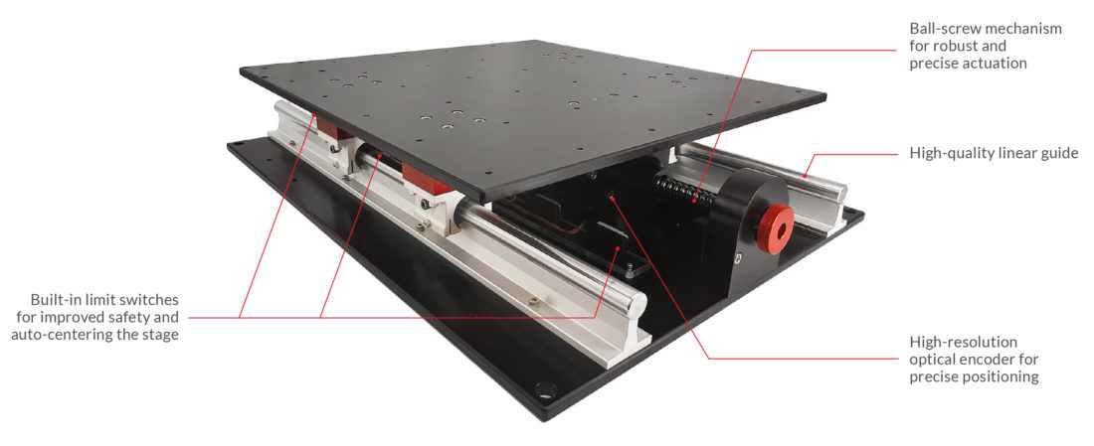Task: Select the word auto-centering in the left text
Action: click(60, 335)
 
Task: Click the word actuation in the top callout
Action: click(993, 63)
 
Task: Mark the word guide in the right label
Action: click(1057, 153)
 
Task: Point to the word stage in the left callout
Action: click(159, 335)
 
